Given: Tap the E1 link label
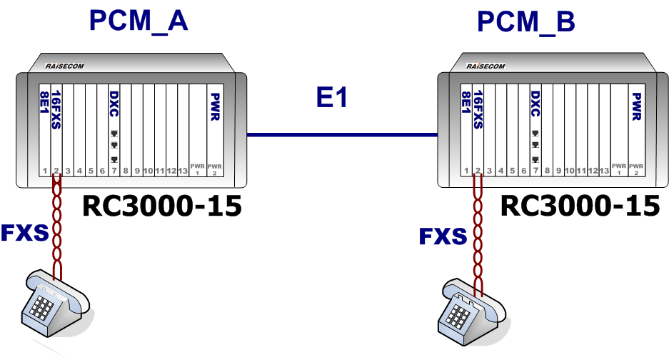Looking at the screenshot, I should pyautogui.click(x=332, y=98).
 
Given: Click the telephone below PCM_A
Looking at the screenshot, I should pyautogui.click(x=54, y=304).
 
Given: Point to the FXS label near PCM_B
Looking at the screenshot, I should pyautogui.click(x=443, y=236).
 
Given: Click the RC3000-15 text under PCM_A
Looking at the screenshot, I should pyautogui.click(x=162, y=206).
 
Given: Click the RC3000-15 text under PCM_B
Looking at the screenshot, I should pyautogui.click(x=579, y=206).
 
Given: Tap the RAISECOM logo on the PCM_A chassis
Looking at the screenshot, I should pyautogui.click(x=65, y=66).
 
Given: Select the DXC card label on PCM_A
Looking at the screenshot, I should pyautogui.click(x=114, y=104).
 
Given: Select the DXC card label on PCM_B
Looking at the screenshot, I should pyautogui.click(x=535, y=104).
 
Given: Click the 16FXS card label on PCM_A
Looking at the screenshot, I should pyautogui.click(x=57, y=109).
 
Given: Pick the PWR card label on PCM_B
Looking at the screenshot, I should pyautogui.click(x=636, y=105).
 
